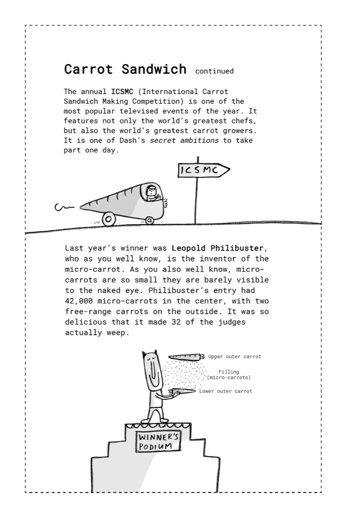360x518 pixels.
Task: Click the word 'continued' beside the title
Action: coord(214,71)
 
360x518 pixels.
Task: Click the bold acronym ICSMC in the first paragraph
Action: coord(122,91)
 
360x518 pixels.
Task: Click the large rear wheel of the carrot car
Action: coord(109,219)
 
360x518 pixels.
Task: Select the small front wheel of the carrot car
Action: coord(149,220)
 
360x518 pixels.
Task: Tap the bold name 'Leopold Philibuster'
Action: coord(218,248)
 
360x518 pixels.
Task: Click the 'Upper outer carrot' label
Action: coord(234,356)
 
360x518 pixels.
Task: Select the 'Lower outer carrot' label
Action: coord(225,391)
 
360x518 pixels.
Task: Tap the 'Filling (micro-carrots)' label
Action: coord(229,375)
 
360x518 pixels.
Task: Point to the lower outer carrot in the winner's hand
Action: coord(182,392)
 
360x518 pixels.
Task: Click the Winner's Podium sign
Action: coord(158,442)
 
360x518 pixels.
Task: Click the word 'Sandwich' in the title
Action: coord(154,69)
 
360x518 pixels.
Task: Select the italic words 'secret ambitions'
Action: coord(184,140)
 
